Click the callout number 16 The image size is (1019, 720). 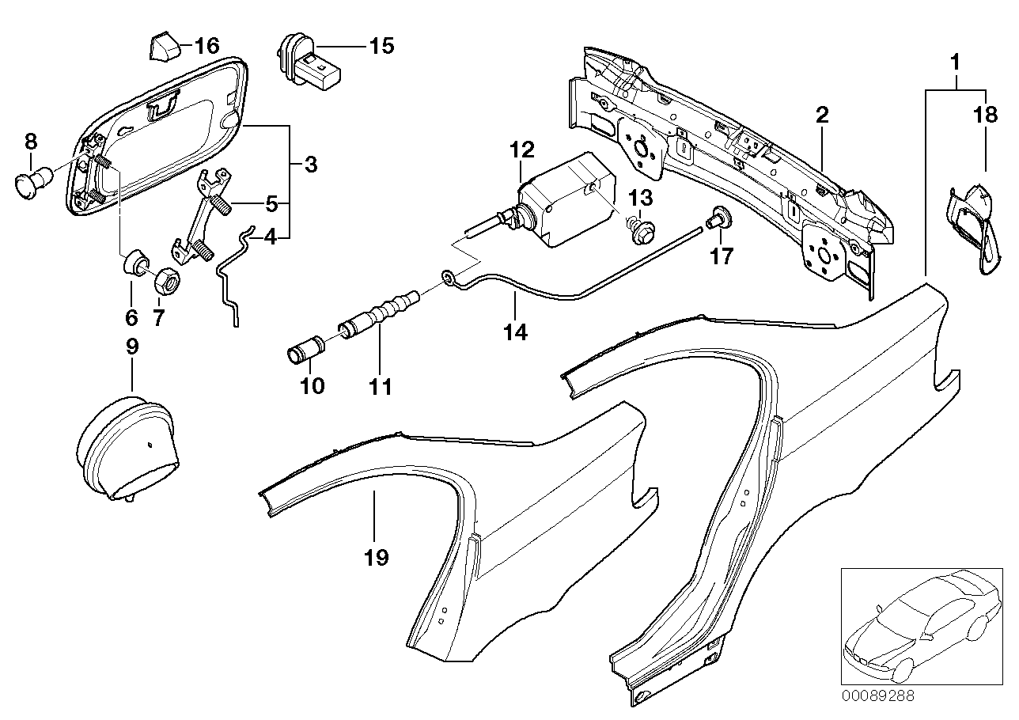[206, 46]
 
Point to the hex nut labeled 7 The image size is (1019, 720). [167, 281]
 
